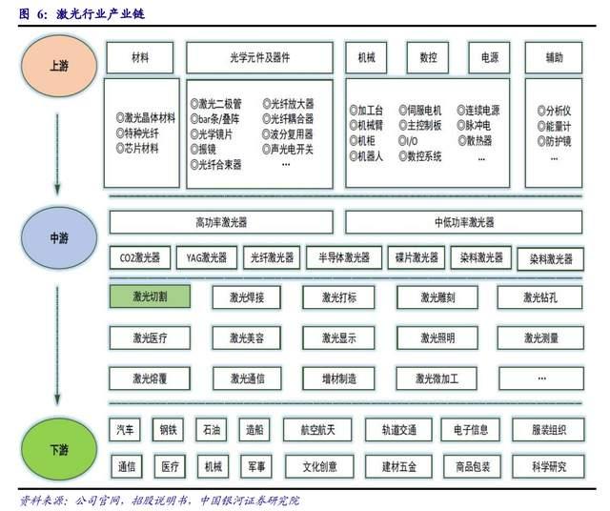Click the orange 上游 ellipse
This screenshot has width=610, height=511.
click(56, 66)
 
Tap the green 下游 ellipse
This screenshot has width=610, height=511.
click(56, 447)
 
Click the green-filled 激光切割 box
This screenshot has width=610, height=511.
click(150, 297)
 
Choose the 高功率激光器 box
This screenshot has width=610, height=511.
click(221, 222)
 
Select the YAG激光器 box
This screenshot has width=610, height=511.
click(206, 257)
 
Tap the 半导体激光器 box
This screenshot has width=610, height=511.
click(343, 257)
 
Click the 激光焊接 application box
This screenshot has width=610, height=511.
click(247, 297)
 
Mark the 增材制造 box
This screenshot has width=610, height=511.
click(339, 378)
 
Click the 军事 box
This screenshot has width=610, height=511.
click(257, 467)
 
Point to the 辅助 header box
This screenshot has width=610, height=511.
click(554, 58)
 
